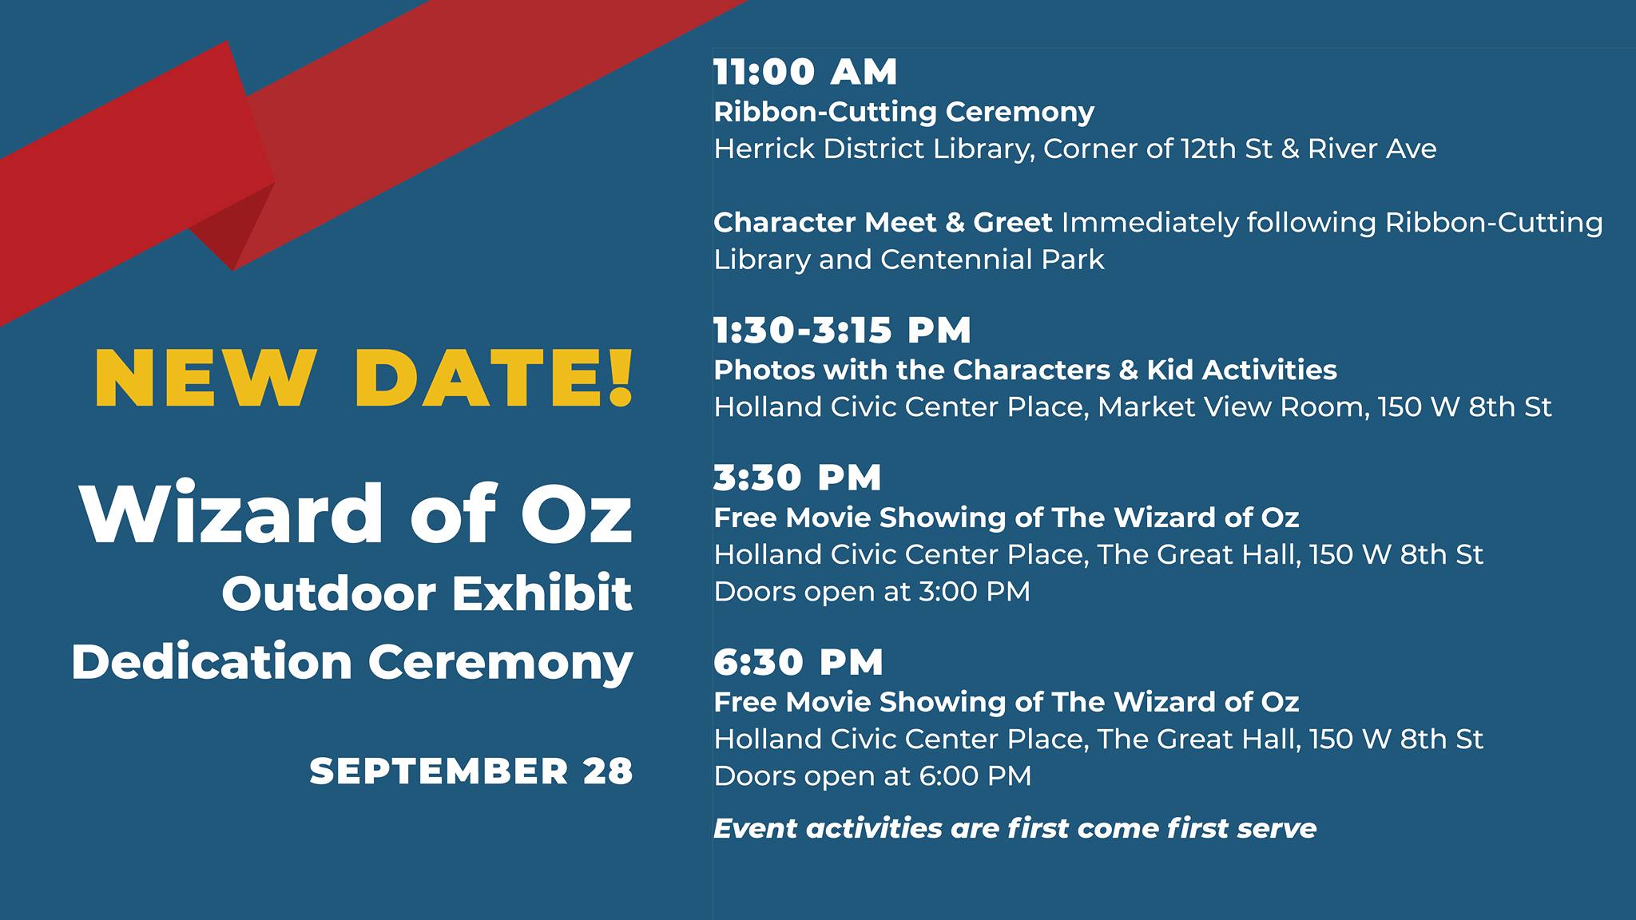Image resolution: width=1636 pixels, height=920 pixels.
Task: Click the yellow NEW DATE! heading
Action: coord(363,378)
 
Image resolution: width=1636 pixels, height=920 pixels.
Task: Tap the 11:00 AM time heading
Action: coord(805,72)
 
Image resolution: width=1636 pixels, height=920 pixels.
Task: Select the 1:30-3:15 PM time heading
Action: coord(842,331)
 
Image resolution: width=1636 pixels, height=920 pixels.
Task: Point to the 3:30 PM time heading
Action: coord(797,478)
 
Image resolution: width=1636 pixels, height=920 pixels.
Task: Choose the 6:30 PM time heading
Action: coord(798,662)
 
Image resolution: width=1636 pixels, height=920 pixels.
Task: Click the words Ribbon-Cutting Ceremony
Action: coord(903,112)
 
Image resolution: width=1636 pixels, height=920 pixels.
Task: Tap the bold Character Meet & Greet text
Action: coord(883,222)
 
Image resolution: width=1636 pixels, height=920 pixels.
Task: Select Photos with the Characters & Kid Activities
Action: coord(1025,370)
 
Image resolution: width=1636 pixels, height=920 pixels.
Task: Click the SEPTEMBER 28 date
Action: coord(471,771)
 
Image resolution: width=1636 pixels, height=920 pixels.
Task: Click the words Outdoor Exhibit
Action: coord(427,593)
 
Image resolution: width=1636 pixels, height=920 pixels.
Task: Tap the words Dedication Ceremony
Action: coord(352,663)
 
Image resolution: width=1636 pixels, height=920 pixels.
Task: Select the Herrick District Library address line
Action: coord(1075,149)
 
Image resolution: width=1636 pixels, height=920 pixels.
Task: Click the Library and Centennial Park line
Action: coord(909,260)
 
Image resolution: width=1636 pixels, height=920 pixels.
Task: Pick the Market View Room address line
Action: coord(1133,407)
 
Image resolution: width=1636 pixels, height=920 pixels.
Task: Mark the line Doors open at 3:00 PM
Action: coord(872,592)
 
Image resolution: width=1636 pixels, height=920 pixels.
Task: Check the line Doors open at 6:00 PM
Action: coord(872,776)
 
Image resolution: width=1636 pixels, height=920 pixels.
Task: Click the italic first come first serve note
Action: coord(1015,828)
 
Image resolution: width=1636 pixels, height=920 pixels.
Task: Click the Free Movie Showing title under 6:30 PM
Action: coord(1006,702)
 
